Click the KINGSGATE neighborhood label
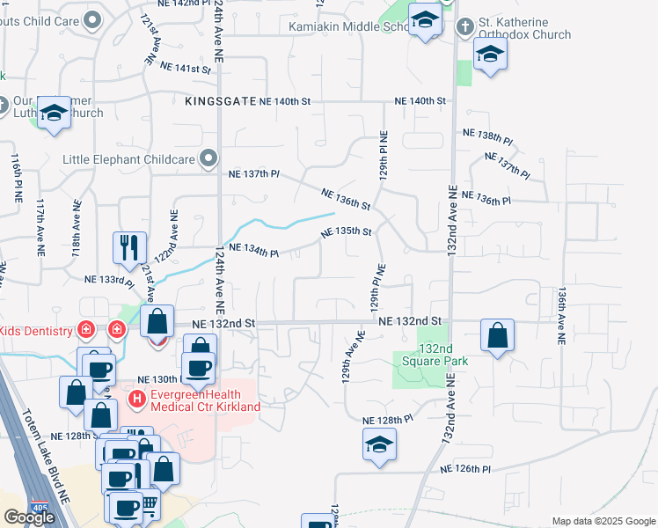221,102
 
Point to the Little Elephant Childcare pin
208,159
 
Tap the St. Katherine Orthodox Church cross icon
464,26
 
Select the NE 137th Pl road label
250,173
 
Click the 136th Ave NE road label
559,312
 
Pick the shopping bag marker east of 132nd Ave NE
497,335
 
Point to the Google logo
28,517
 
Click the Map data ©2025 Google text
603,521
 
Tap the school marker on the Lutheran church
55,113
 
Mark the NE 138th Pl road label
488,137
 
